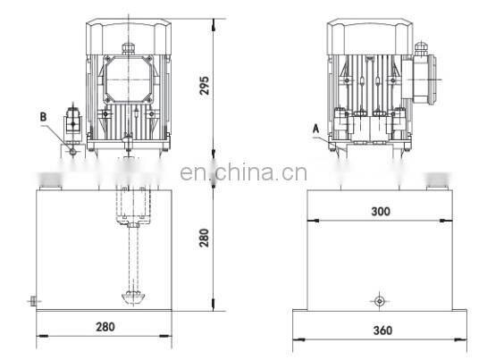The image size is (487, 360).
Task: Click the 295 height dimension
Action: pyautogui.click(x=204, y=86)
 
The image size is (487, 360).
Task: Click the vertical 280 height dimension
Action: pyautogui.click(x=204, y=238)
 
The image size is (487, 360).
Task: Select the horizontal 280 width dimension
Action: pyautogui.click(x=105, y=327)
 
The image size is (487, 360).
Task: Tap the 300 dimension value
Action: pyautogui.click(x=381, y=212)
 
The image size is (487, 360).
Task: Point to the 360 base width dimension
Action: pyautogui.click(x=383, y=331)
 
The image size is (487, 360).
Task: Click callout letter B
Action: pyautogui.click(x=43, y=117)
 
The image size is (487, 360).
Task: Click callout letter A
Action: pyautogui.click(x=315, y=129)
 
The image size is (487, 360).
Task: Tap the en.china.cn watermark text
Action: pyautogui.click(x=243, y=172)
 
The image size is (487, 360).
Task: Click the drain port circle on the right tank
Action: pyautogui.click(x=380, y=301)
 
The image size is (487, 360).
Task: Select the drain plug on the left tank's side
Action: pyautogui.click(x=32, y=301)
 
